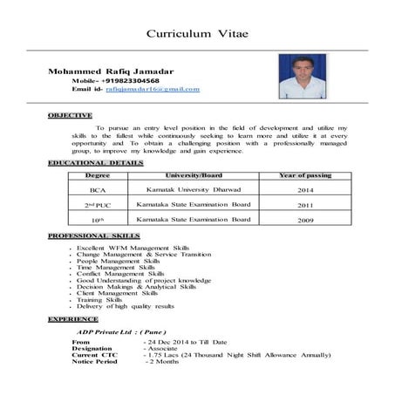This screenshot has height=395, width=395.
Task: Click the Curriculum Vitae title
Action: click(x=196, y=33)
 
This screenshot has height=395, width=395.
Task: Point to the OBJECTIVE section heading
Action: click(x=71, y=115)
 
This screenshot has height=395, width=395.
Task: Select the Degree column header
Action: click(x=98, y=175)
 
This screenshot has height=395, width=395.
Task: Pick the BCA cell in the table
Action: click(x=98, y=188)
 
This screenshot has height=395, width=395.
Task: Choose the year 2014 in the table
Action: click(x=304, y=188)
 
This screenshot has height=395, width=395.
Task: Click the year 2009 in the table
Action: click(x=304, y=221)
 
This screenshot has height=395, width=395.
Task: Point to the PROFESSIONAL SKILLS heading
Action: click(x=94, y=236)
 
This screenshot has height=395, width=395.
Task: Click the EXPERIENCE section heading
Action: click(x=72, y=320)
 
